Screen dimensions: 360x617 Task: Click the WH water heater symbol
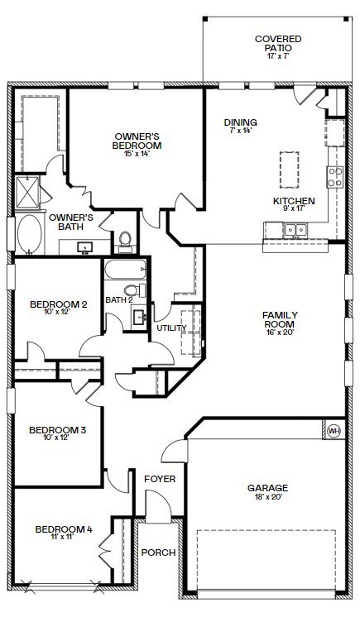(334, 431)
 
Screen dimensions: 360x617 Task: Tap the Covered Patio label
(278, 43)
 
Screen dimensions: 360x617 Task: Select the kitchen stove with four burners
(335, 177)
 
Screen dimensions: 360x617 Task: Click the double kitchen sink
(295, 229)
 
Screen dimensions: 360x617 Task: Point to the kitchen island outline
(289, 170)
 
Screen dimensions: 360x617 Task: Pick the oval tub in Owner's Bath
(30, 234)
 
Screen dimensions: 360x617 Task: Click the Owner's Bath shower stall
(27, 192)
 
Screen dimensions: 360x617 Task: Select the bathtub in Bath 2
(126, 270)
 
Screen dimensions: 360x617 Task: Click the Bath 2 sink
(139, 317)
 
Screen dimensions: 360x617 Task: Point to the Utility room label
(172, 328)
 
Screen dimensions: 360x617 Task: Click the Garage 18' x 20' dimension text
(268, 497)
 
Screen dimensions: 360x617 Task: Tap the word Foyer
(160, 479)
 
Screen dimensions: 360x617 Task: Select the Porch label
(158, 552)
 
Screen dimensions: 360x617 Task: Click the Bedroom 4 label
(64, 529)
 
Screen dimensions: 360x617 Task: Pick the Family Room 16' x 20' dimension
(280, 332)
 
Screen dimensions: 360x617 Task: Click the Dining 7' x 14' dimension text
(240, 130)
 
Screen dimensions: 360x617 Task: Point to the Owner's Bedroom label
(137, 141)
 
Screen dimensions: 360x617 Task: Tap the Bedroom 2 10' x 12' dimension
(58, 312)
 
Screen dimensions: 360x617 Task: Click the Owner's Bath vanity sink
(84, 248)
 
